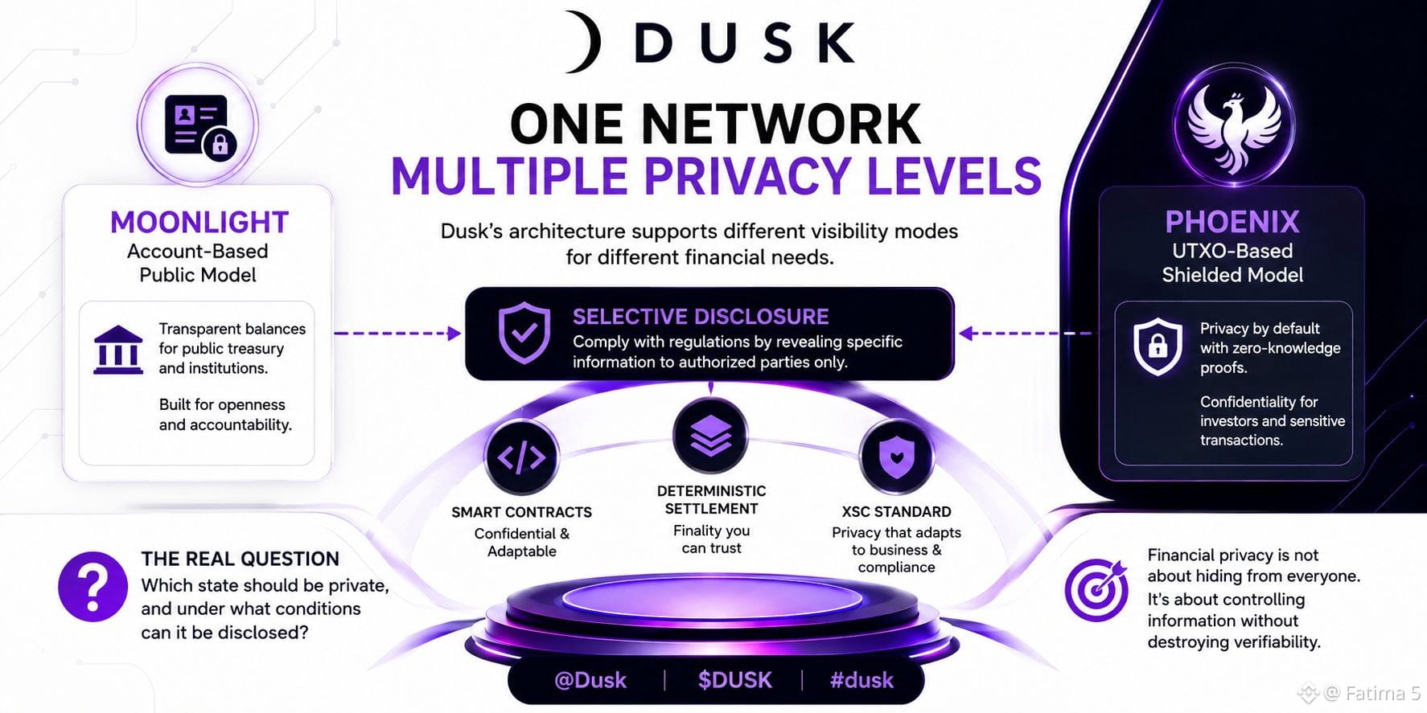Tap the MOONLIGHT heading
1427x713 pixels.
click(x=199, y=222)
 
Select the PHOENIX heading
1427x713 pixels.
click(x=1232, y=222)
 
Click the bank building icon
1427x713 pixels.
click(x=118, y=350)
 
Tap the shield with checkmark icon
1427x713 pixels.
click(x=524, y=333)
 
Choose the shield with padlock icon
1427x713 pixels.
click(x=1158, y=346)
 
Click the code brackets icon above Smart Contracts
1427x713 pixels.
click(x=521, y=457)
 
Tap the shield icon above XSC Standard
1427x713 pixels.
click(x=896, y=457)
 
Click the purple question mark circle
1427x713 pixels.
click(x=93, y=587)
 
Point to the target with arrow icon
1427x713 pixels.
click(x=1097, y=589)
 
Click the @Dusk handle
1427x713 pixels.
click(x=590, y=680)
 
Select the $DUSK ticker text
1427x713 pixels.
click(x=735, y=680)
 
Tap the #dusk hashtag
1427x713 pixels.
click(x=862, y=680)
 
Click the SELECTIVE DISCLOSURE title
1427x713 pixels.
click(x=701, y=317)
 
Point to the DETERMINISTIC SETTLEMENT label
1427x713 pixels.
click(x=711, y=499)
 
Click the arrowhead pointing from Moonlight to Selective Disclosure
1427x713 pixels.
click(x=454, y=333)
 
